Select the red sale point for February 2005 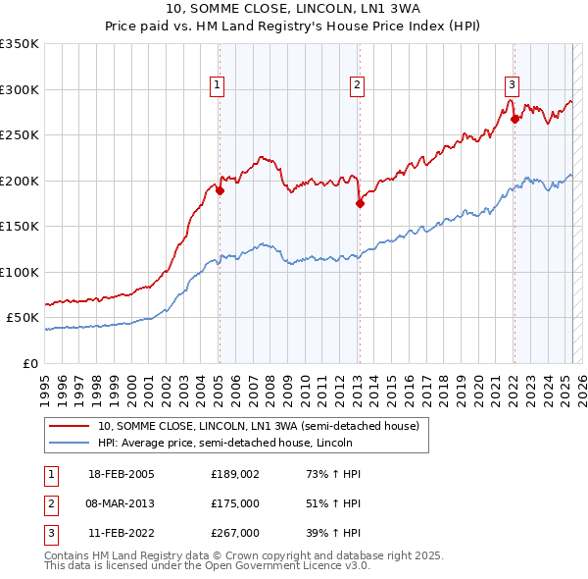pos(220,191)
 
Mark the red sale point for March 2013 pos(360,204)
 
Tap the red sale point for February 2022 pos(514,120)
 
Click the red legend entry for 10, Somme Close pos(258,426)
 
